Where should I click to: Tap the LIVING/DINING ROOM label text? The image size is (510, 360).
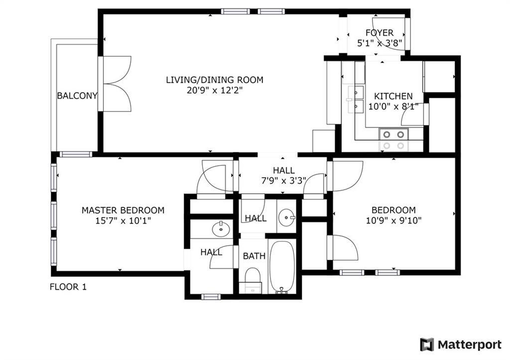[214, 80]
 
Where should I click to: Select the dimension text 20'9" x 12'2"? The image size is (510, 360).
[214, 90]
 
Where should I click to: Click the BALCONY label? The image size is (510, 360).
[77, 96]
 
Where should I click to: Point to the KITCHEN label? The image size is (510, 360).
[393, 96]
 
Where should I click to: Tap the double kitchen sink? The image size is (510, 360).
[356, 98]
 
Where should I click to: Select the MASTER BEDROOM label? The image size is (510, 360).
[123, 210]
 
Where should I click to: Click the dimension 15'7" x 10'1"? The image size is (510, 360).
[123, 221]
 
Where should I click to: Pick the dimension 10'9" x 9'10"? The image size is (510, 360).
[393, 221]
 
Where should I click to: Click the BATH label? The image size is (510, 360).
[254, 256]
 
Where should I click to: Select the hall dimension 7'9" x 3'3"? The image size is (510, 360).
[284, 180]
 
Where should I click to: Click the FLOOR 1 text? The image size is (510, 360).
[68, 287]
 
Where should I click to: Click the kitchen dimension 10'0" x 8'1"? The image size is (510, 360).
[393, 106]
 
